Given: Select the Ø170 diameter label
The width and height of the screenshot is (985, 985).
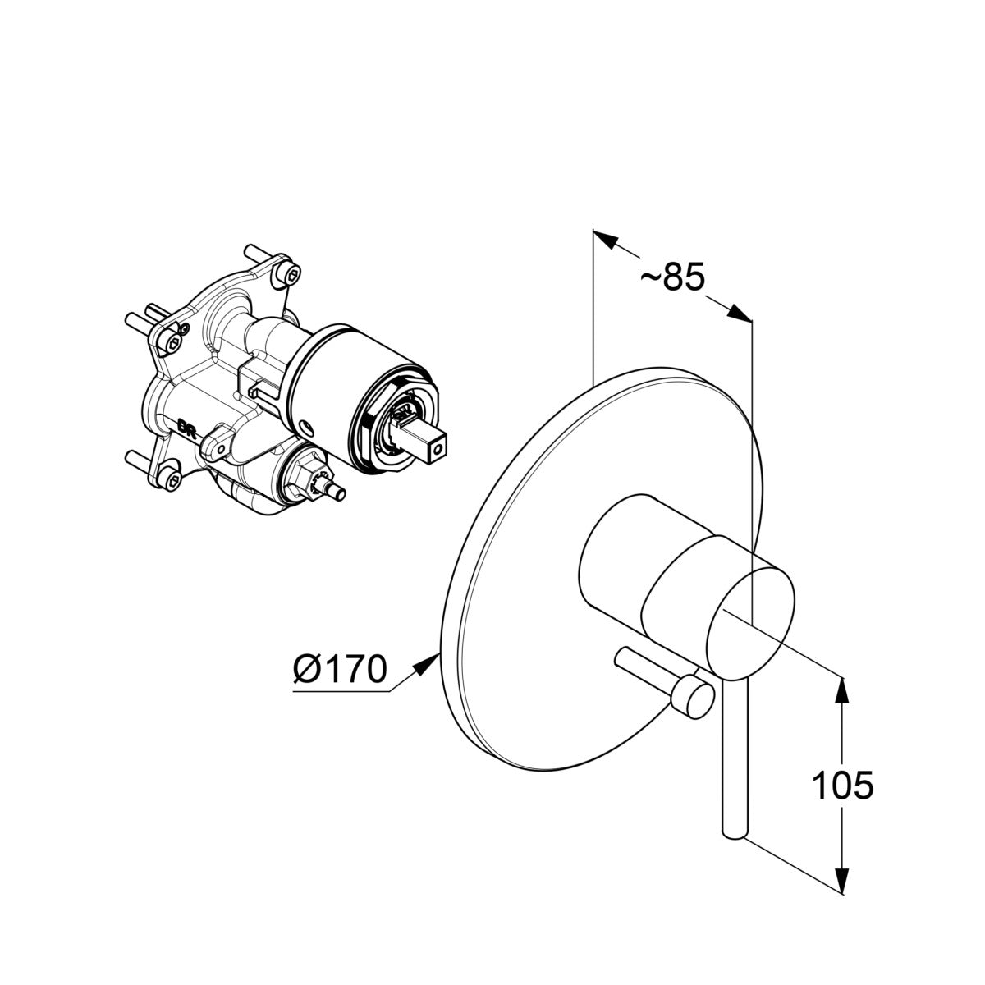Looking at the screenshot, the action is coord(339,669).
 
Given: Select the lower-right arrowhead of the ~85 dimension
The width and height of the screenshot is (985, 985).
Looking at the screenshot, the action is coord(740,313).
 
